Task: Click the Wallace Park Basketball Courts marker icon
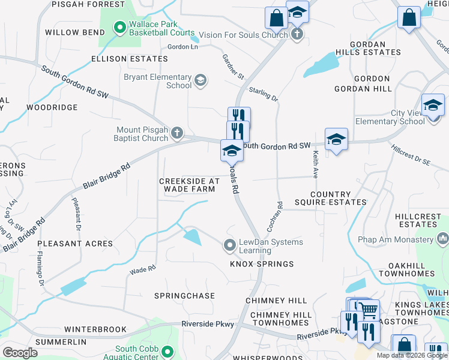119,27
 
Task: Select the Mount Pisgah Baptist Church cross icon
176,132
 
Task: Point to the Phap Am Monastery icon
443,239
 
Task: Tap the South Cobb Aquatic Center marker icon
167,352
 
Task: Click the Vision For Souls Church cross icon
297,34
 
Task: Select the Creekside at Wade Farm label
190,185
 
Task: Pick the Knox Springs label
262,264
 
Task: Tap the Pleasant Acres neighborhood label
75,244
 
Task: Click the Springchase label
184,296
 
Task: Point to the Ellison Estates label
129,59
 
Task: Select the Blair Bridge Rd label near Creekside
107,178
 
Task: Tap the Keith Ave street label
315,164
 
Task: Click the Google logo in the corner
20,352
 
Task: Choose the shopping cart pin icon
369,310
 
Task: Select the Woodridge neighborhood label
52,107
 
